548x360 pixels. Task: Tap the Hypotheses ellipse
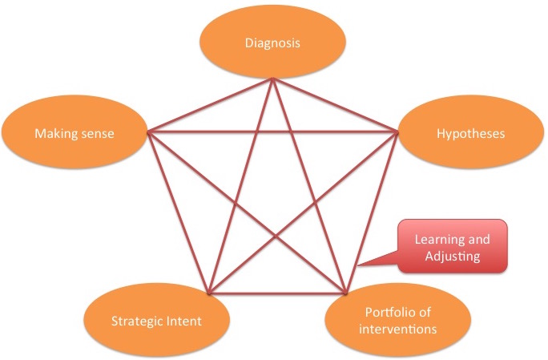point(473,133)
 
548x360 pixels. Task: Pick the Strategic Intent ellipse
point(155,322)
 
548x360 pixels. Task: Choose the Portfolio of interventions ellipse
point(393,321)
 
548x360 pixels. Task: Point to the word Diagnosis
point(272,42)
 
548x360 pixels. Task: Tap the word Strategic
point(135,322)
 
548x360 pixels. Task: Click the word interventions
point(393,329)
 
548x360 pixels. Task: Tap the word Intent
point(183,322)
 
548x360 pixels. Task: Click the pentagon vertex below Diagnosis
point(272,79)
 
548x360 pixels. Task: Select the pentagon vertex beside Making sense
point(147,130)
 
